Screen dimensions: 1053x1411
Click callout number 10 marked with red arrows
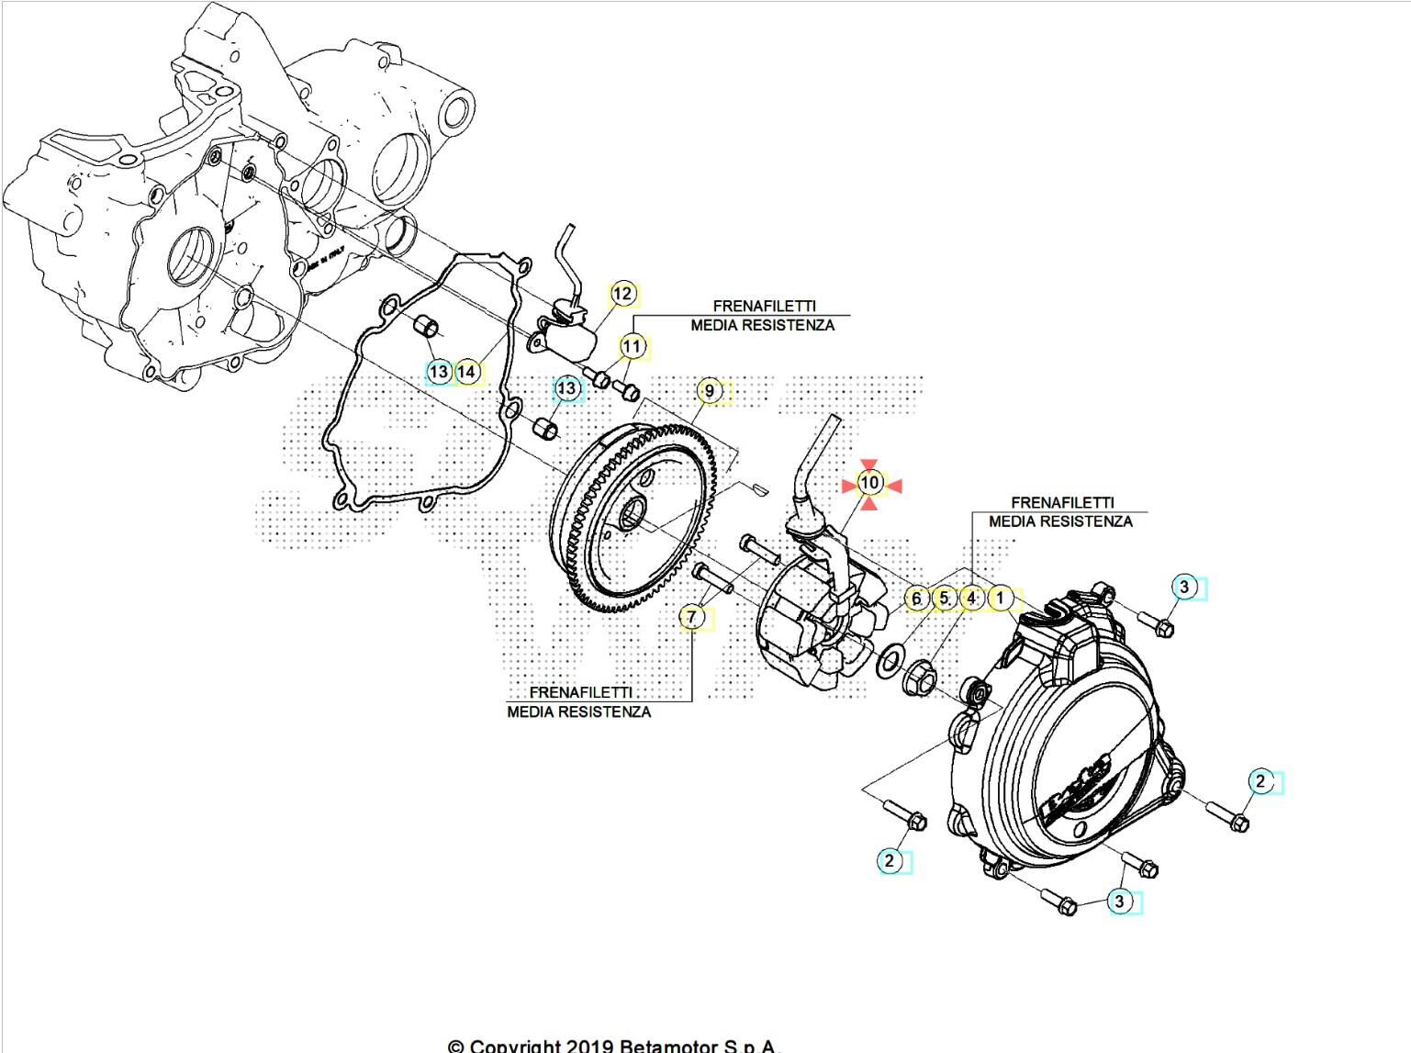(870, 483)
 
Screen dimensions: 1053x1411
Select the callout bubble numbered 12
(622, 294)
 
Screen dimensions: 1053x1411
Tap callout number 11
(632, 347)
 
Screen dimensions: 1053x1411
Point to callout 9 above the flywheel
(709, 391)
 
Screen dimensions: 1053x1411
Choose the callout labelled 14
(467, 372)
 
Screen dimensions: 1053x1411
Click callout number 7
(692, 617)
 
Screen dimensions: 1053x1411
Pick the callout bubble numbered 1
(1001, 599)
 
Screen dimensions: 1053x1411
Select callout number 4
(971, 599)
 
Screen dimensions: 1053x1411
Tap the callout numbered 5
(944, 599)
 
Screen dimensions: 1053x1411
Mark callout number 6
(915, 599)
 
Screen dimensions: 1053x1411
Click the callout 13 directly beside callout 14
(440, 372)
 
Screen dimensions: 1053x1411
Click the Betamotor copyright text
(613, 1045)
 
